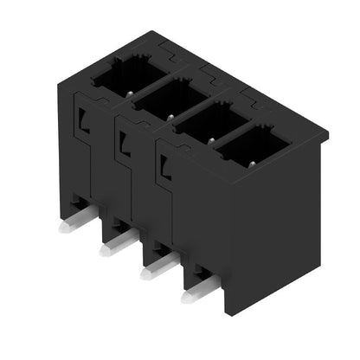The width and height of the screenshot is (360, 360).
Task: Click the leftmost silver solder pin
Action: click(66, 230)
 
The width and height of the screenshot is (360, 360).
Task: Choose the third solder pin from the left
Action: click(150, 273)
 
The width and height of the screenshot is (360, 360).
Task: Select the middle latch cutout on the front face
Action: click(123, 141)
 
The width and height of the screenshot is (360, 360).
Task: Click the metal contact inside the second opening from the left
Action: click(170, 114)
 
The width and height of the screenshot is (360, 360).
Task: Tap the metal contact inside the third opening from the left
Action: click(209, 138)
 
